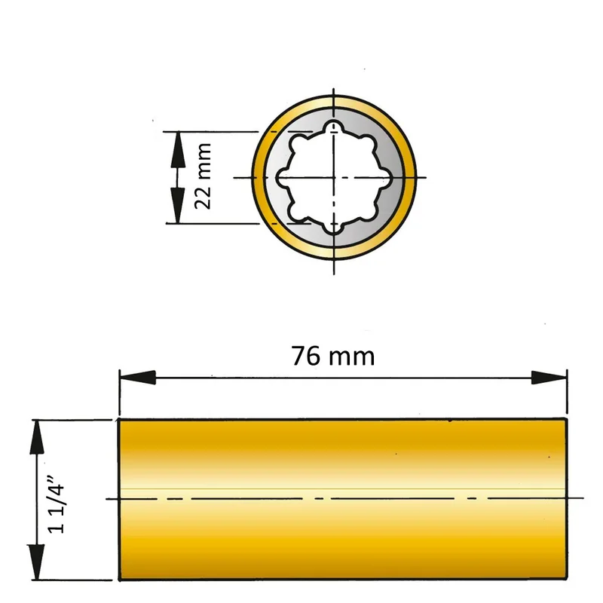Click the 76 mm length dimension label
[332, 356]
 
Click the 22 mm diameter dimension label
[203, 176]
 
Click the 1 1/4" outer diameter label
[56, 504]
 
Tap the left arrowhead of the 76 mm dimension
[137, 378]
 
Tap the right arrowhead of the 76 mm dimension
[549, 378]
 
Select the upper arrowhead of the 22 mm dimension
[177, 149]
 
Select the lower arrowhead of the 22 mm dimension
[177, 206]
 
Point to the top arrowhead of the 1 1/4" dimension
[37, 437]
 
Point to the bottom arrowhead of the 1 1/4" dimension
[37, 562]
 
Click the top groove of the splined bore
[334, 127]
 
